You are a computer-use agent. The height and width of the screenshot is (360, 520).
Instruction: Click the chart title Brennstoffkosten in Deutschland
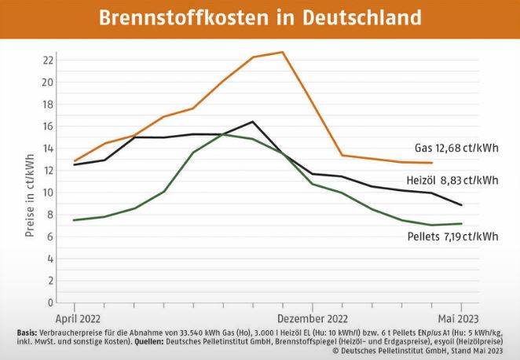pos(260,17)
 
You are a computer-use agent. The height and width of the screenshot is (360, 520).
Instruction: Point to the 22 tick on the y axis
pos(49,60)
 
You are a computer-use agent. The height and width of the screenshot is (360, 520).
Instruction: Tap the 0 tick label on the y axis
pos(49,302)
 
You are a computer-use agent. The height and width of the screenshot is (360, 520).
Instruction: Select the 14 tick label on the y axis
pos(49,148)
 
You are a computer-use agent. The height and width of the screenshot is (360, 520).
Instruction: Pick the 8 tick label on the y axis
pos(49,214)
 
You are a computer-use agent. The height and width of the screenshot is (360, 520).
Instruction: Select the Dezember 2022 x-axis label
pos(313,319)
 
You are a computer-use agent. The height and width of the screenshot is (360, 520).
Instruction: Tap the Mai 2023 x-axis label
pos(460,319)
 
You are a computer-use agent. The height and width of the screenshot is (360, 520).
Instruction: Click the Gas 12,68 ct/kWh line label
pos(456,147)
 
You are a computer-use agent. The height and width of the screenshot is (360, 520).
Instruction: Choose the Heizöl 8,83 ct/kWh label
pos(456,180)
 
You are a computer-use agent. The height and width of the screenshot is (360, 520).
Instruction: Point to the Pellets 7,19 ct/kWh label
pos(452,236)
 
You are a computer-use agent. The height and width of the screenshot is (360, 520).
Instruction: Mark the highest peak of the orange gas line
pos(283,52)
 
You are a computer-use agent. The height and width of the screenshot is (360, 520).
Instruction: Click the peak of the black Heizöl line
pos(253,121)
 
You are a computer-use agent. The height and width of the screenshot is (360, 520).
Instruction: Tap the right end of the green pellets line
pos(461,223)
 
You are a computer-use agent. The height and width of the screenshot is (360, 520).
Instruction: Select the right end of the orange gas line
pos(432,163)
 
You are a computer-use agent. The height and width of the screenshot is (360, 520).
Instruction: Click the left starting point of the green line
pos(75,220)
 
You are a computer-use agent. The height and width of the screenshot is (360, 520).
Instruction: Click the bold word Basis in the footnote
pos(26,333)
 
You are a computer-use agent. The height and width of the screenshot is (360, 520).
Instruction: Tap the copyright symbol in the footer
pos(335,351)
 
